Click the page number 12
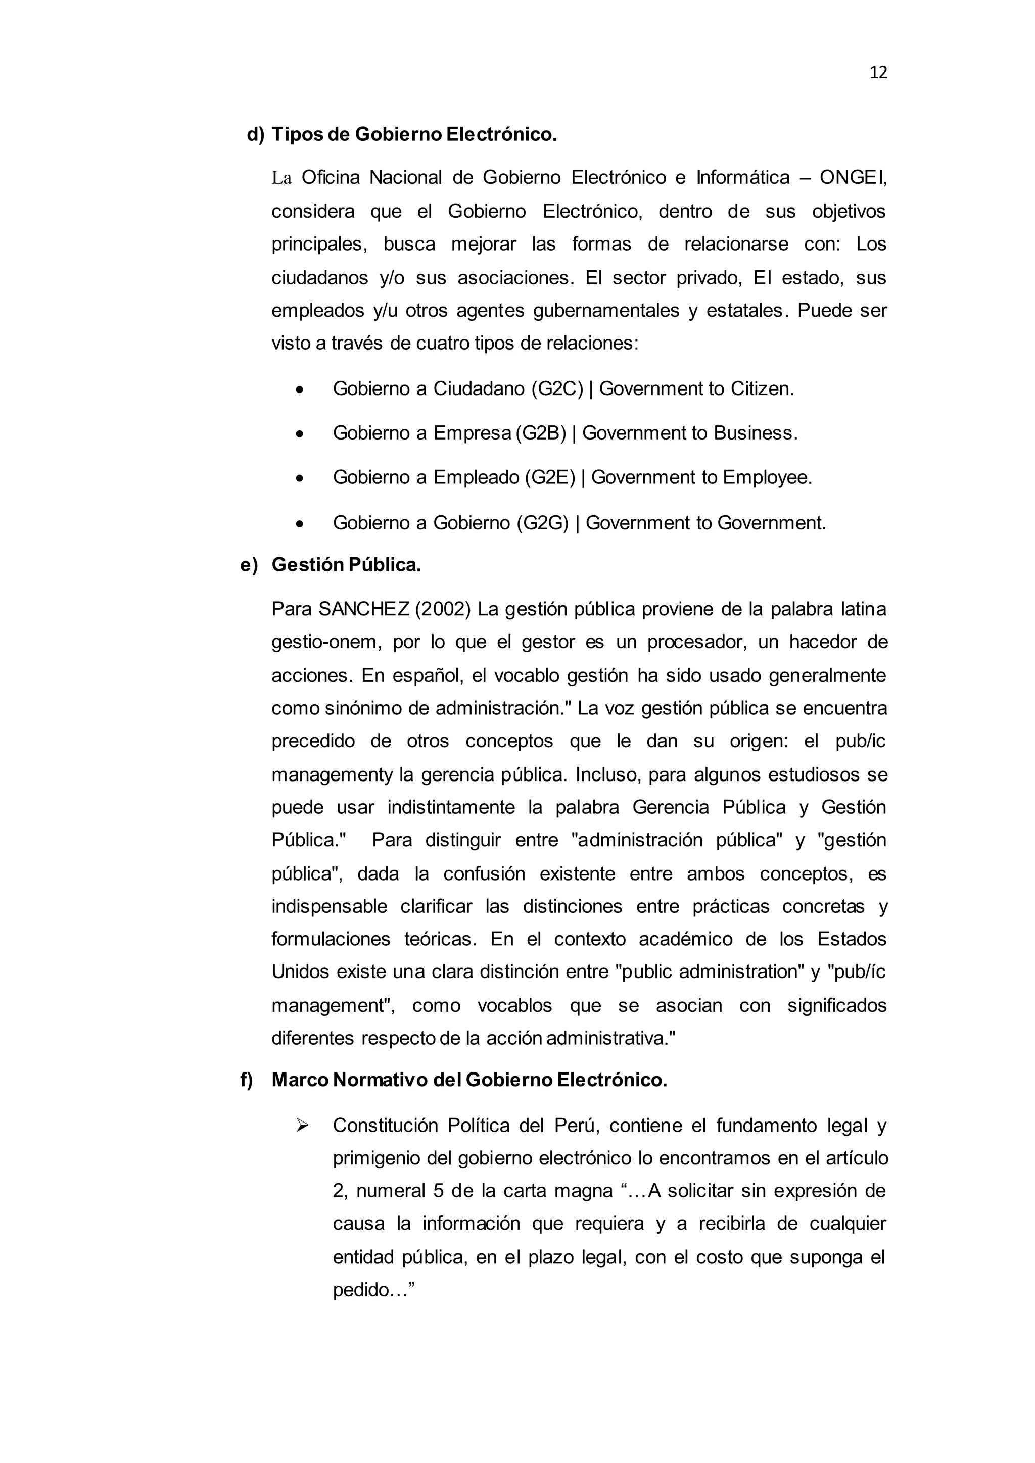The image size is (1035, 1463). click(878, 73)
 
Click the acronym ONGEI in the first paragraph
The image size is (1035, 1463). click(853, 178)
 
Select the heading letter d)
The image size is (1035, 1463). click(255, 134)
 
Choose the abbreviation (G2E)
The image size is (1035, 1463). click(549, 478)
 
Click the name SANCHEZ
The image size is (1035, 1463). click(364, 609)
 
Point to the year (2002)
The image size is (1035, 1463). click(442, 609)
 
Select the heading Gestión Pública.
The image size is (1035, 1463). click(346, 565)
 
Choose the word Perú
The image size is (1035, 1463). click(576, 1125)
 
